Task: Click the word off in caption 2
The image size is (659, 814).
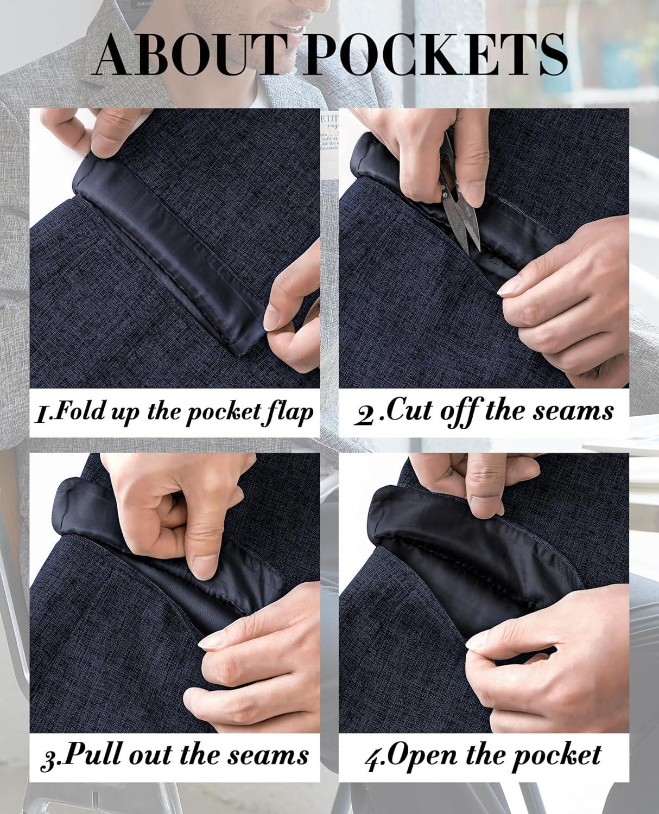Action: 459,414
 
